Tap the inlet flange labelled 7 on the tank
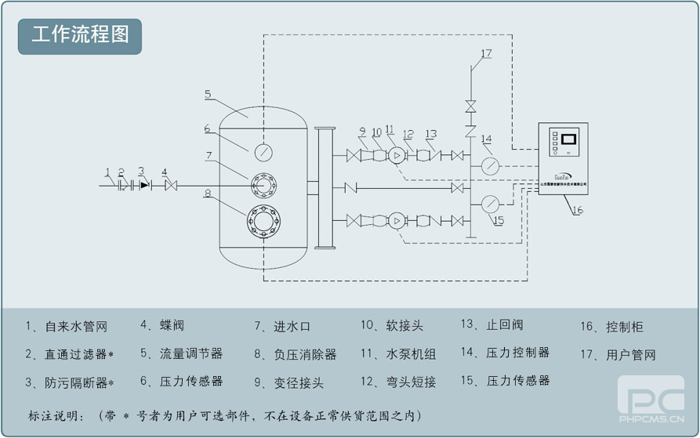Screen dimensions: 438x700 click(263, 186)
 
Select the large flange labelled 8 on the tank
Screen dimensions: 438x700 click(263, 222)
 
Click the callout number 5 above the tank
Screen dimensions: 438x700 click(208, 94)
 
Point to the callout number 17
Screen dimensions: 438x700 click(486, 53)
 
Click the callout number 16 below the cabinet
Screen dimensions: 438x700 click(578, 209)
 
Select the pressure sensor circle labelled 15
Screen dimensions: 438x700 click(490, 204)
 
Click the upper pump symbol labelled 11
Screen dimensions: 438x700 click(397, 156)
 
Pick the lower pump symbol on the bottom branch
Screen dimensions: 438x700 click(397, 221)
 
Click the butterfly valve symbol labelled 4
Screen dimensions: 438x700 click(170, 186)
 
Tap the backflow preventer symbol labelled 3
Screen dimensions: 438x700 click(143, 186)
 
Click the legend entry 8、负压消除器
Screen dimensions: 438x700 click(295, 354)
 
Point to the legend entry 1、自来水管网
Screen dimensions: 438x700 click(66, 327)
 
